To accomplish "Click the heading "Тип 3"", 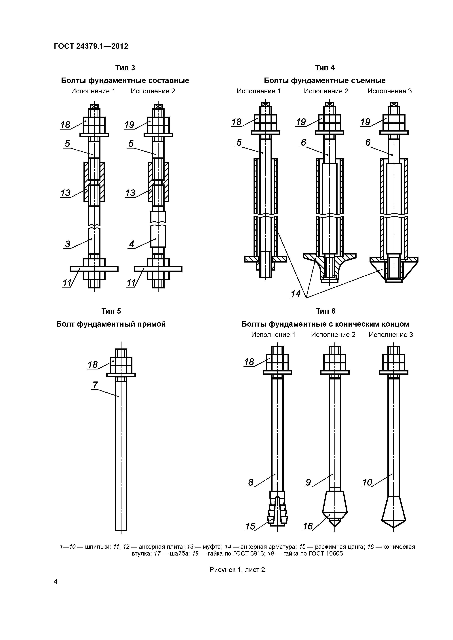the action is [125, 68].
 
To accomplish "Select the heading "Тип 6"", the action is [326, 311].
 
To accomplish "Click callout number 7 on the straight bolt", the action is [95, 385].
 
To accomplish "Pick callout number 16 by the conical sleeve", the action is [308, 526].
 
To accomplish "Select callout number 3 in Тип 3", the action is [68, 244].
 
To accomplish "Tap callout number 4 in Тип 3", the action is [132, 244].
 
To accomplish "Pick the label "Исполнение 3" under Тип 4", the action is [389, 91].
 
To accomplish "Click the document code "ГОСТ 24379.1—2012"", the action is [91, 46].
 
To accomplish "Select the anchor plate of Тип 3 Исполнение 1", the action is [94, 269].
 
